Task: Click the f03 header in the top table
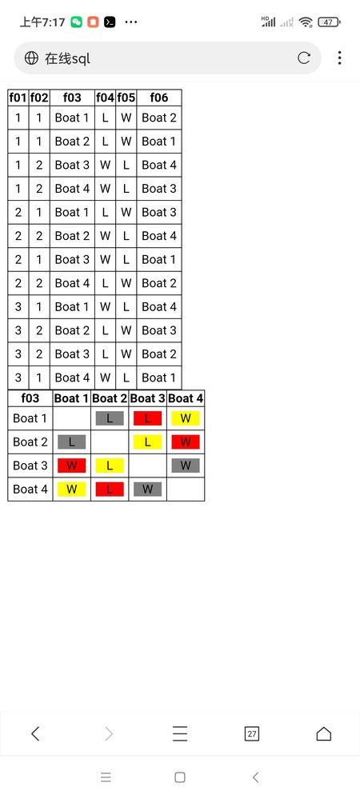click(x=72, y=98)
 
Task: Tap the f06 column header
click(x=159, y=98)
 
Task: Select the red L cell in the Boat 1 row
click(x=147, y=418)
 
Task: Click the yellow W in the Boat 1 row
click(x=186, y=418)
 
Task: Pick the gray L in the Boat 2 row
click(x=71, y=441)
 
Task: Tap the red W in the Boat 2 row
click(x=186, y=441)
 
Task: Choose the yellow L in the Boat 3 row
click(x=109, y=465)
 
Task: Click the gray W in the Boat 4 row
click(x=147, y=489)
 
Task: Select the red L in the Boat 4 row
click(x=109, y=489)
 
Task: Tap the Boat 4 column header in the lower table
click(x=186, y=398)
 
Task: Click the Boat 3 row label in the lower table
click(x=30, y=465)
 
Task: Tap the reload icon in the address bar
click(x=304, y=58)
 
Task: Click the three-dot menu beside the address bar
click(x=340, y=58)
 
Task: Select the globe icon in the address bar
click(x=32, y=58)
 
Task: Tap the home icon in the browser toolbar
click(x=324, y=733)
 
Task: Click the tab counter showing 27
click(x=252, y=733)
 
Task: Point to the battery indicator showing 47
click(x=329, y=22)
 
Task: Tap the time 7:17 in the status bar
click(x=54, y=22)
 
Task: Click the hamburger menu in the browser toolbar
click(x=180, y=733)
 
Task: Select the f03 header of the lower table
click(x=30, y=398)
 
